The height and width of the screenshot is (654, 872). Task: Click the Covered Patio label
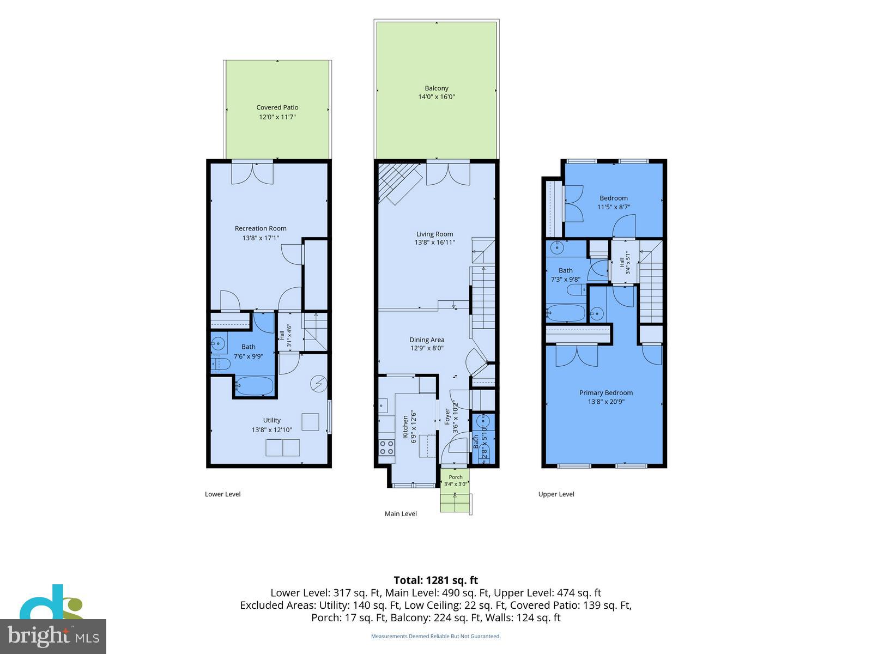click(277, 107)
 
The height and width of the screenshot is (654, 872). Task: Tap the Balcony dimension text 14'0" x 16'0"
click(436, 96)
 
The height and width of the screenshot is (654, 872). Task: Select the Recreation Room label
click(260, 228)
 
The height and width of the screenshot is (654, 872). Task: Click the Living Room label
click(434, 234)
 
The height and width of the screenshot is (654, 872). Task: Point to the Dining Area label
click(427, 340)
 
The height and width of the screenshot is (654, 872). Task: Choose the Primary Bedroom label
click(606, 393)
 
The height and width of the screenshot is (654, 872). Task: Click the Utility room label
click(272, 420)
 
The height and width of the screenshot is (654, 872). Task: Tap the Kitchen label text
click(405, 427)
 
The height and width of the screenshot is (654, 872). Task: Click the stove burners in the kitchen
click(386, 447)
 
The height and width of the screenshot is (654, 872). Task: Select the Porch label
click(455, 477)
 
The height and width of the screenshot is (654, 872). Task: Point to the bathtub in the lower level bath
click(255, 385)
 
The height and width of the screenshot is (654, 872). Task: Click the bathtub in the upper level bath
click(566, 313)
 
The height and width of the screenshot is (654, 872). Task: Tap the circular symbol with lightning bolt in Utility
click(319, 384)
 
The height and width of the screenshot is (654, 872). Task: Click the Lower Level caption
click(222, 494)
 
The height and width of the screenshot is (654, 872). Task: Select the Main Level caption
click(401, 513)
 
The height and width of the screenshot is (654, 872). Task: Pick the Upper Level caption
click(556, 494)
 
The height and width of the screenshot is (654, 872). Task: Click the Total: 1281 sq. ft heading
click(436, 580)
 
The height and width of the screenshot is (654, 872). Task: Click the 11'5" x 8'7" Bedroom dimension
click(613, 207)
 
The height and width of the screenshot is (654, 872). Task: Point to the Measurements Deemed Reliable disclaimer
click(436, 636)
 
